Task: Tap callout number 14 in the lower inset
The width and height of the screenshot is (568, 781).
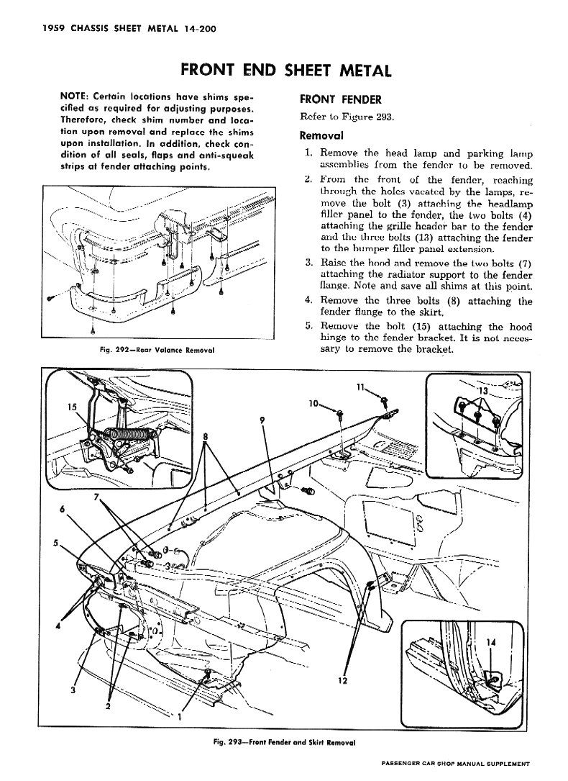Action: point(491,643)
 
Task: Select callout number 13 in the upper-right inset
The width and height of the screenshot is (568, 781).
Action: point(482,392)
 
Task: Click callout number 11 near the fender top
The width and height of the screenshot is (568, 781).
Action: point(360,387)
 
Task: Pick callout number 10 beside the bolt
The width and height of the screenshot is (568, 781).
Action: point(314,405)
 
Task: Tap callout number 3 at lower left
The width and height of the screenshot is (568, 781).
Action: point(74,692)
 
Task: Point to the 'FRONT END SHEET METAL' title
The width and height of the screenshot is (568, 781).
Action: point(285,71)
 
